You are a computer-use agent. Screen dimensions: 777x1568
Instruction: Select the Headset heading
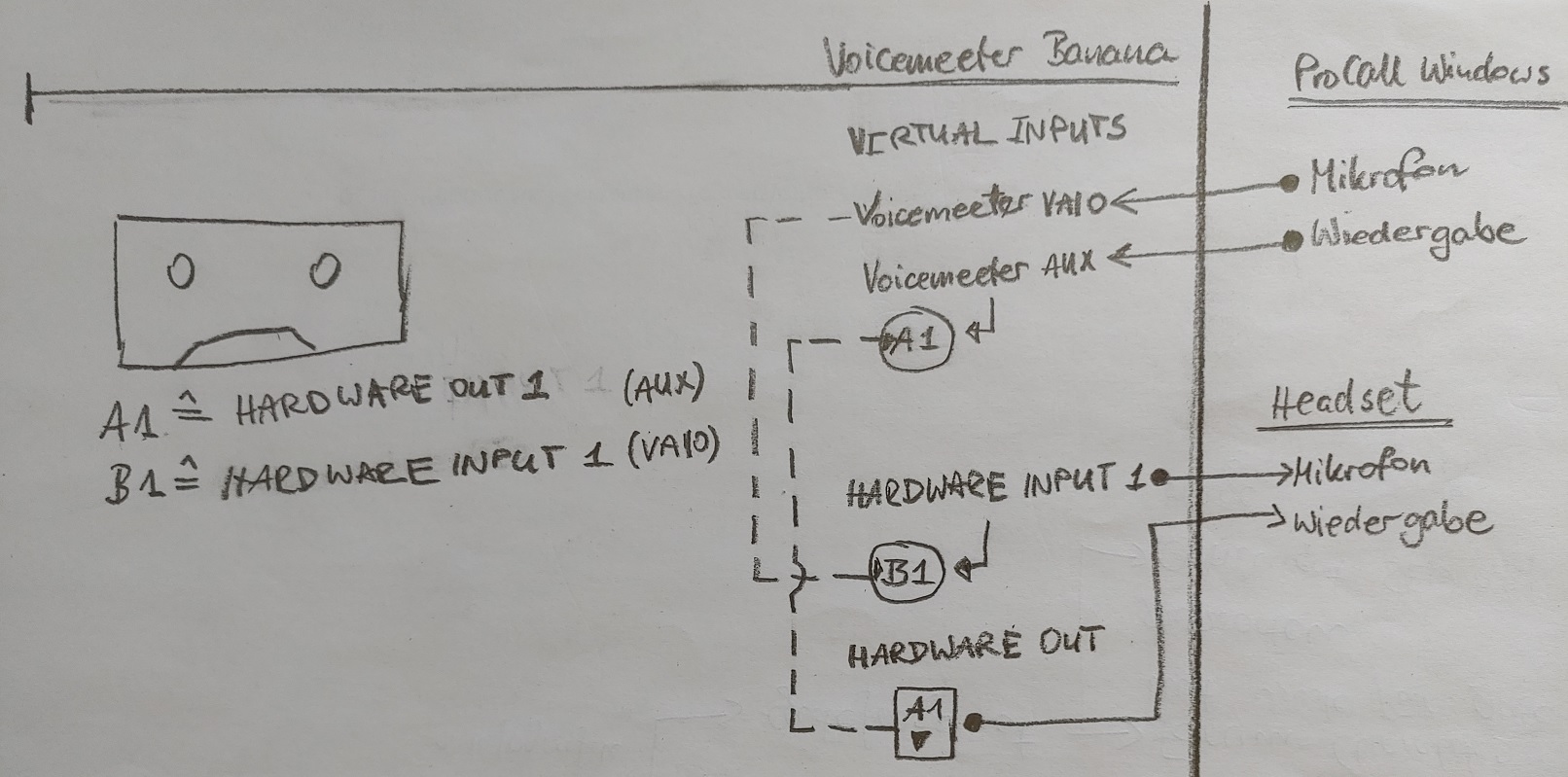tap(1346, 399)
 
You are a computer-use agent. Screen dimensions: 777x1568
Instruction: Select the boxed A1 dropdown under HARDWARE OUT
tap(924, 724)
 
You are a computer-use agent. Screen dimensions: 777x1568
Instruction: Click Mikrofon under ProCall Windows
tap(1387, 175)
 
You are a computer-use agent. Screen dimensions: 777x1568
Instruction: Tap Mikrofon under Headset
tap(1362, 468)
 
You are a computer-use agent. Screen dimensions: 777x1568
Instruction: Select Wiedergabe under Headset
tap(1391, 523)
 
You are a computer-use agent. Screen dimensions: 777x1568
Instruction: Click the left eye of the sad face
tap(180, 273)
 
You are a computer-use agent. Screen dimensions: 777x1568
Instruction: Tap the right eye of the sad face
tap(325, 271)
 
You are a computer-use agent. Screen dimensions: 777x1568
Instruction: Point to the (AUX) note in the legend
tap(661, 388)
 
